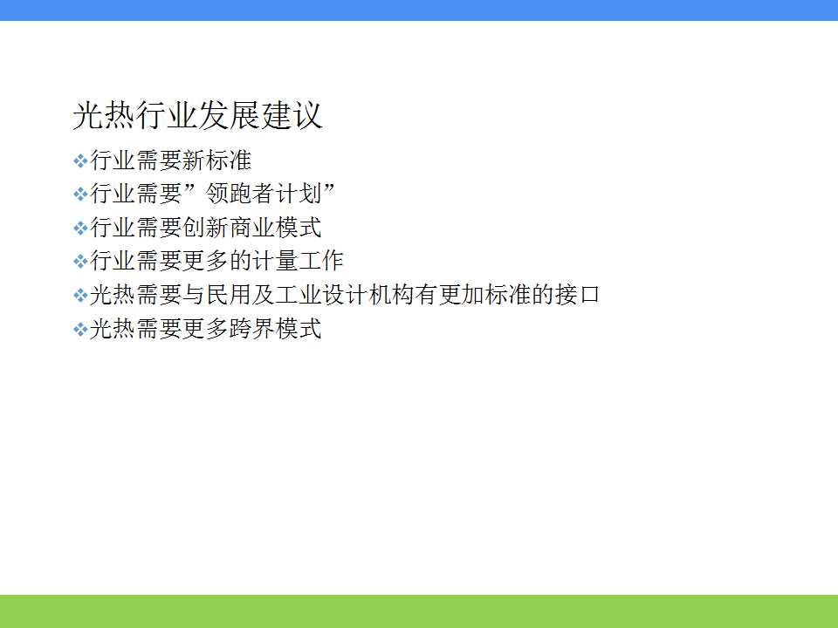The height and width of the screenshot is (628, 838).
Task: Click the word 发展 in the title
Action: [x=230, y=115]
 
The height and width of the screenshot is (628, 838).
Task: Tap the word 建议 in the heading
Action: [x=292, y=115]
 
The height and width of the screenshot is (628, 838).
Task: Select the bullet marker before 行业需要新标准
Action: [x=80, y=160]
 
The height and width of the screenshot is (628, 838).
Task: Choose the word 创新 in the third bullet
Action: [x=205, y=227]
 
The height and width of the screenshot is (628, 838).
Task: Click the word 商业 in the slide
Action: [x=251, y=227]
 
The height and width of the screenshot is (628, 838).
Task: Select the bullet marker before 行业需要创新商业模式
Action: [x=80, y=228]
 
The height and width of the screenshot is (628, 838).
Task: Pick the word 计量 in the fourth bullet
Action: [x=275, y=261]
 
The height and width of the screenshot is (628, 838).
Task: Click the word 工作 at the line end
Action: [x=320, y=261]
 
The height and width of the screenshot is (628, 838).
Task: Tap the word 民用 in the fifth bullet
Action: [x=228, y=294]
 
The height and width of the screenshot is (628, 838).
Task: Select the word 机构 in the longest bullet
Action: [x=391, y=294]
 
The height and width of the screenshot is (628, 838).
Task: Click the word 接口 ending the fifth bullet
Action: [x=577, y=294]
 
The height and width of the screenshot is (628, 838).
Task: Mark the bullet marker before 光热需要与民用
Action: [x=80, y=296]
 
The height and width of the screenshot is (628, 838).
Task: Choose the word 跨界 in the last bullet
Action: [x=251, y=328]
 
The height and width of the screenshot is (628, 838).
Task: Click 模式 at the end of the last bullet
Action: [x=299, y=328]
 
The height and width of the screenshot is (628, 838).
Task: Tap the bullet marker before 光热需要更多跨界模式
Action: [x=80, y=329]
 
